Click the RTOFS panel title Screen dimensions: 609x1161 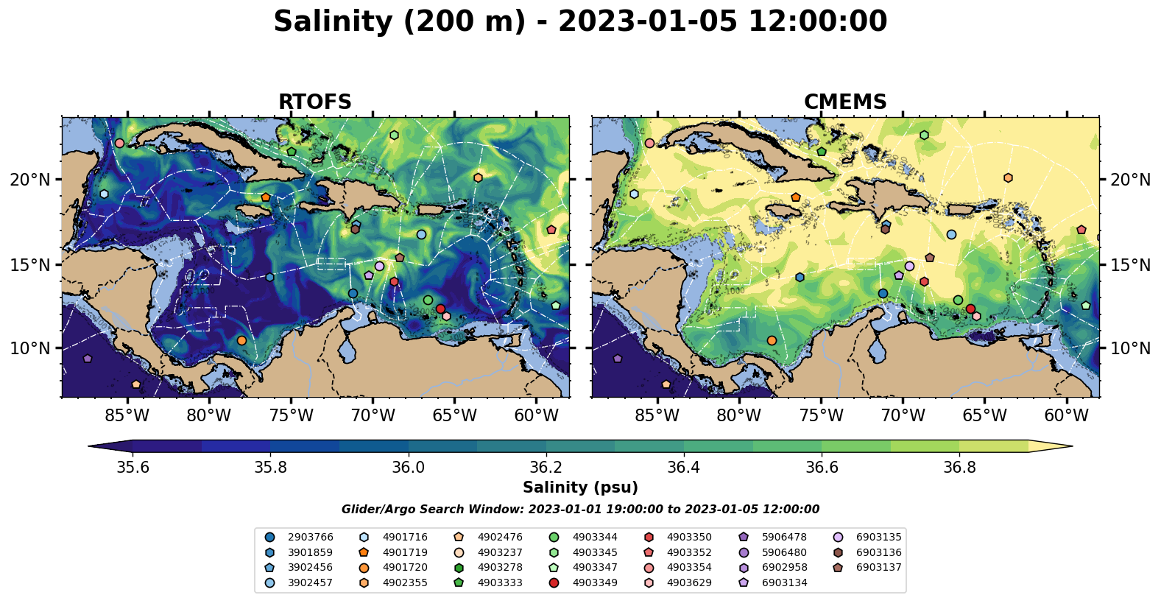[314, 102]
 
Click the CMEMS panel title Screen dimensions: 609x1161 [845, 102]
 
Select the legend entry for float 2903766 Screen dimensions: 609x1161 [310, 538]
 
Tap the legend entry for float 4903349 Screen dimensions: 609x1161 [594, 583]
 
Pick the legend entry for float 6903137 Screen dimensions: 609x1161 [878, 568]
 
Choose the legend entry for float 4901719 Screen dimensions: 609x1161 [404, 552]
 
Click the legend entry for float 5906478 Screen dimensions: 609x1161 [784, 538]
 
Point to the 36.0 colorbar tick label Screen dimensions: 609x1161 [408, 468]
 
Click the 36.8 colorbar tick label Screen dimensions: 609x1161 [959, 468]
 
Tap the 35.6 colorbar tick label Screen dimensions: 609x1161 [133, 468]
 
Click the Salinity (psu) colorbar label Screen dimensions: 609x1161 [580, 487]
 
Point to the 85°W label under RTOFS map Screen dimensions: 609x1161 [127, 416]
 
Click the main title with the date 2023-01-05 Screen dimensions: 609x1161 [580, 22]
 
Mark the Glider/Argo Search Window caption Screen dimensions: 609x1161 [580, 510]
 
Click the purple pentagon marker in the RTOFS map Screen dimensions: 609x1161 [88, 359]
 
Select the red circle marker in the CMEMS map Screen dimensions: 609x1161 [970, 309]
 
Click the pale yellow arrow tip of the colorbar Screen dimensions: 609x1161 [1053, 446]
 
